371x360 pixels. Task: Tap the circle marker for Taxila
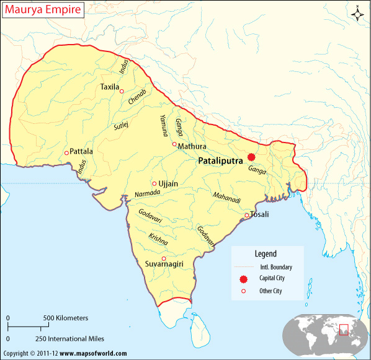(x=122, y=91)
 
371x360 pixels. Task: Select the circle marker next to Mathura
(x=174, y=144)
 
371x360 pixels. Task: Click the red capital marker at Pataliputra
(x=251, y=157)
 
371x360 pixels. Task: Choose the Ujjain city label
(x=169, y=183)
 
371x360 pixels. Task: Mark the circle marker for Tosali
(x=246, y=216)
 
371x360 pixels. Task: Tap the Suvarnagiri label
(x=164, y=265)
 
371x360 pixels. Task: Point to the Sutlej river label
(x=120, y=125)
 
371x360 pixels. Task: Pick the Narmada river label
(x=147, y=194)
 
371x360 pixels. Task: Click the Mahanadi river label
(x=226, y=196)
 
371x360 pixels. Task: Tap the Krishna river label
(x=158, y=239)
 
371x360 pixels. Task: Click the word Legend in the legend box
(x=266, y=253)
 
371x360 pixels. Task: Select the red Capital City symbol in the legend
(x=243, y=279)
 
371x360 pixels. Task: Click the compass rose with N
(x=357, y=14)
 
